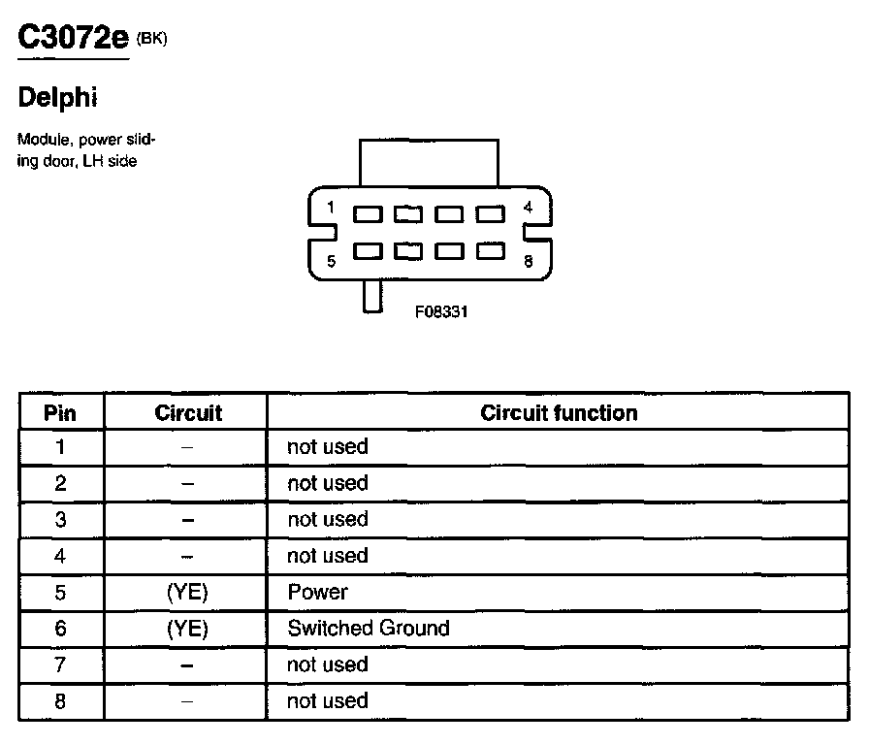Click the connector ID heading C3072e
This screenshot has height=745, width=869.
tap(73, 39)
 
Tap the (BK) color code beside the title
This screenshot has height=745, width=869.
tap(152, 39)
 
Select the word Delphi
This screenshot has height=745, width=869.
tap(58, 98)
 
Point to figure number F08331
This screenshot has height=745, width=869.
tap(441, 312)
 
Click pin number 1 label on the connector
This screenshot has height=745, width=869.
tap(331, 207)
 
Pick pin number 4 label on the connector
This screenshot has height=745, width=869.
tap(528, 207)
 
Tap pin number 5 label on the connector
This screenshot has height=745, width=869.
tap(331, 260)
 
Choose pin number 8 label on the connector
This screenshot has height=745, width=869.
tap(528, 260)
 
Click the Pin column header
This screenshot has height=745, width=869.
tap(60, 413)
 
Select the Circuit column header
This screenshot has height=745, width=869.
tap(187, 413)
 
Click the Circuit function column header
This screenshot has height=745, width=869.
tap(559, 413)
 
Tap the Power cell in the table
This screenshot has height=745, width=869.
tap(317, 592)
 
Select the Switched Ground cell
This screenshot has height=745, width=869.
tap(369, 629)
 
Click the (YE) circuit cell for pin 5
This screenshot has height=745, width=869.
tap(187, 592)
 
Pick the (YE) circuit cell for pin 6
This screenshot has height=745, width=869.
tap(187, 629)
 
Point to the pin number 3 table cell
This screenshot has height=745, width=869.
tap(60, 520)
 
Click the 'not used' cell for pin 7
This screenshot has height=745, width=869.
tap(328, 664)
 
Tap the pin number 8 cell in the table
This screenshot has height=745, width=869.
tap(60, 701)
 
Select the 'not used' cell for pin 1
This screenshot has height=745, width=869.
tap(328, 447)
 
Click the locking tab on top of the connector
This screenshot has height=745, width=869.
tap(429, 161)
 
